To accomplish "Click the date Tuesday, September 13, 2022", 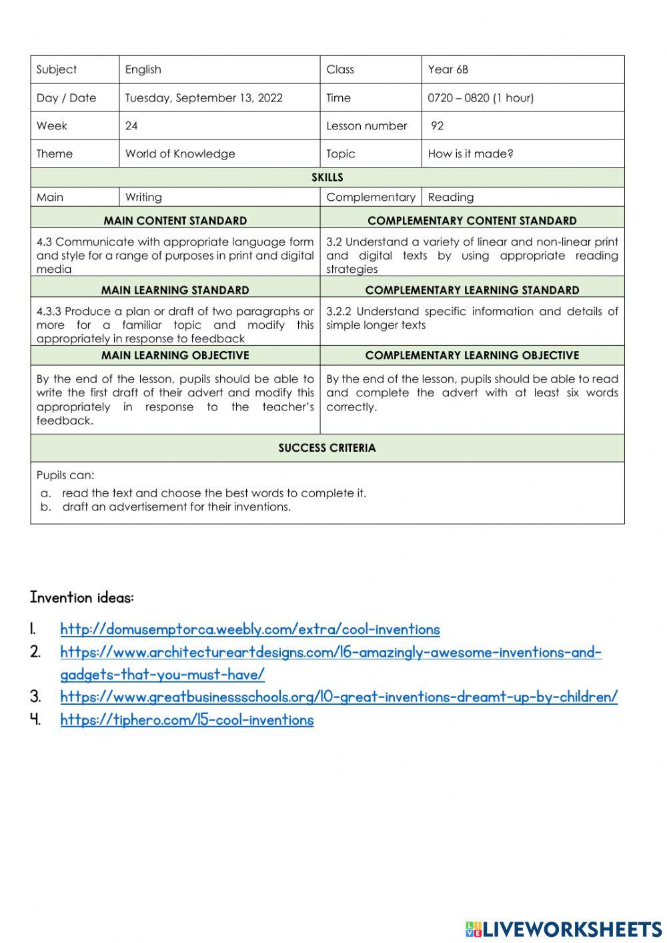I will click(203, 98).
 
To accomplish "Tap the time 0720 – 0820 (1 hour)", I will click(480, 98).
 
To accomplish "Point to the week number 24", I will click(131, 126).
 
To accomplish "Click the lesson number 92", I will click(437, 126).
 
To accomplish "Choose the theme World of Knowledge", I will click(180, 154).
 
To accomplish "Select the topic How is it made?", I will click(470, 154).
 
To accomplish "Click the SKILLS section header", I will click(327, 178).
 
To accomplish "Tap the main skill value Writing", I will click(143, 198).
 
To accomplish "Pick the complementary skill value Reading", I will click(450, 198).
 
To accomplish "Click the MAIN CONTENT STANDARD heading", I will click(175, 221).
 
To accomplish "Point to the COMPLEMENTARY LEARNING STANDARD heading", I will click(472, 290).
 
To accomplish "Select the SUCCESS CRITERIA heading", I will click(327, 448).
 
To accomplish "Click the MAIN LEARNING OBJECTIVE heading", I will click(175, 356).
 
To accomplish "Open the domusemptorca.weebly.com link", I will click(250, 629).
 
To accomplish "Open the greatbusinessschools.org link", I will click(339, 697).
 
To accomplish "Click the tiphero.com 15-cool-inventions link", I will click(187, 720).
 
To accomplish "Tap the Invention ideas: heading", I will click(82, 598).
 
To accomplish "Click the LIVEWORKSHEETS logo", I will click(564, 929).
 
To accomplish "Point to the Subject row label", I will click(57, 69).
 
